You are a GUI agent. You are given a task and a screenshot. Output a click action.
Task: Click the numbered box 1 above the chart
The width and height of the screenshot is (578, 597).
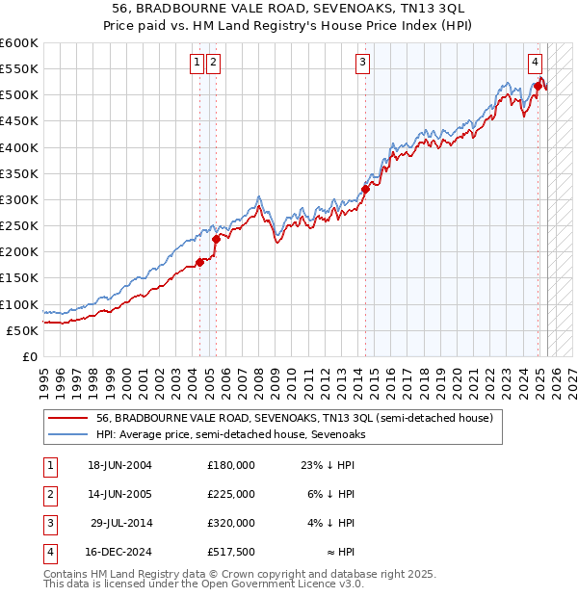tap(197, 64)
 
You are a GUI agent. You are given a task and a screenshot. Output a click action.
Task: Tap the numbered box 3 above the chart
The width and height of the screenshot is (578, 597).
tap(363, 64)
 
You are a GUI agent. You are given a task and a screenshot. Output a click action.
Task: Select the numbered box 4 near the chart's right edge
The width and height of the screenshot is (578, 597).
tap(534, 64)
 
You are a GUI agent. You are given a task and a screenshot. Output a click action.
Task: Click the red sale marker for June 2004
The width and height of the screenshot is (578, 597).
tap(200, 262)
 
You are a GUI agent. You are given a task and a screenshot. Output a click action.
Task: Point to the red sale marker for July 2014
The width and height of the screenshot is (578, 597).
tap(366, 189)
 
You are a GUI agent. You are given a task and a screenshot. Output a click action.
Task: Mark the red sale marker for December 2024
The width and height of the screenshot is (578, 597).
tap(538, 87)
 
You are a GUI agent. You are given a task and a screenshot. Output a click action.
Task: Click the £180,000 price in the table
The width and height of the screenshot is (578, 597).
tap(230, 465)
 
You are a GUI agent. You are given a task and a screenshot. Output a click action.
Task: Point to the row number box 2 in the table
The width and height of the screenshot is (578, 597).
tap(49, 494)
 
